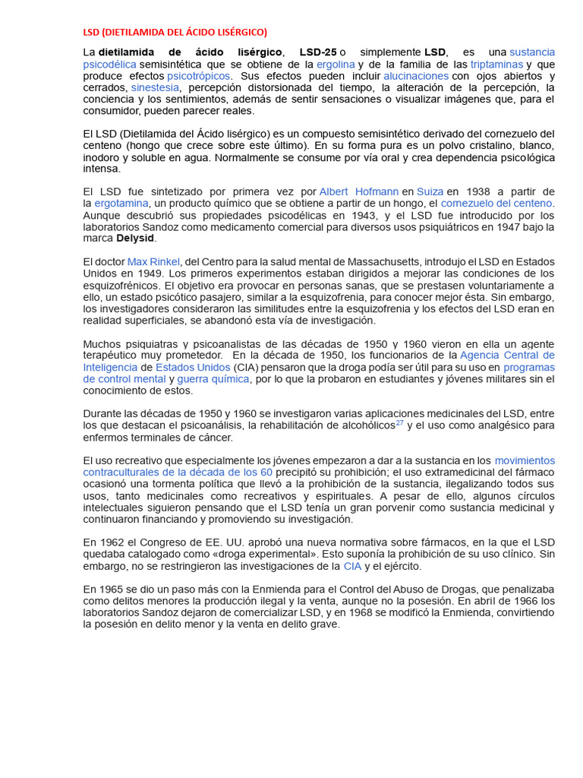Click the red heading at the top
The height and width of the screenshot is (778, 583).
click(x=175, y=32)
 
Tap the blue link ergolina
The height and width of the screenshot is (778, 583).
click(x=336, y=65)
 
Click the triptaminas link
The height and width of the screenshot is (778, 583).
click(x=496, y=65)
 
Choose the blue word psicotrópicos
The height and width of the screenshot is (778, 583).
click(x=200, y=76)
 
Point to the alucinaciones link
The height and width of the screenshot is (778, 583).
click(x=416, y=76)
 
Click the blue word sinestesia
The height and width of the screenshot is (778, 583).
click(x=155, y=88)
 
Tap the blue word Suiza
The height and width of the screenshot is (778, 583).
click(x=430, y=191)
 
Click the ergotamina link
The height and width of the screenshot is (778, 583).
click(x=121, y=204)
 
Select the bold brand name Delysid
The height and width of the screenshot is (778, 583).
click(x=136, y=239)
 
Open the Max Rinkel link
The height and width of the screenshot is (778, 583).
click(x=153, y=262)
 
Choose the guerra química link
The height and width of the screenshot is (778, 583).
click(x=213, y=379)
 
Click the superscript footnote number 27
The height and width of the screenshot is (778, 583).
click(x=399, y=422)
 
